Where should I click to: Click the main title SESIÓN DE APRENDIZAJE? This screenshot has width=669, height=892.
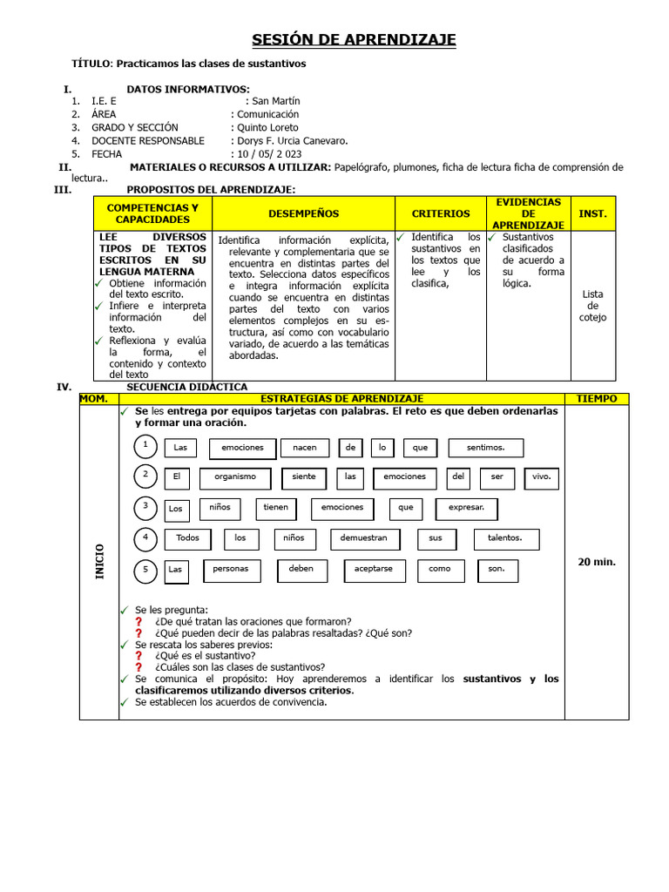tap(354, 40)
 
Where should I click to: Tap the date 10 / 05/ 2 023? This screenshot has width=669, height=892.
tap(267, 153)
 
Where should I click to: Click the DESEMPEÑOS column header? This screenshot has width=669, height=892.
tap(303, 213)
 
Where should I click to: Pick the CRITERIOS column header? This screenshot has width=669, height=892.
tap(440, 213)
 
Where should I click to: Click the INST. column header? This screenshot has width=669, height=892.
tap(592, 213)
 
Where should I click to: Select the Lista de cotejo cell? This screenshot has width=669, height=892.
tap(592, 306)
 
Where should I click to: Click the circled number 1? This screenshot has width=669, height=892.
tap(145, 446)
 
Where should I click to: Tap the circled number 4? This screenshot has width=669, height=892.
tap(145, 538)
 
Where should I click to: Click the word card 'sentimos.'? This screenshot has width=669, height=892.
tap(485, 448)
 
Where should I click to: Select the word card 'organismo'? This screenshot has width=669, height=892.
tap(235, 477)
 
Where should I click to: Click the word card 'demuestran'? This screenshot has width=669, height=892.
tap(364, 538)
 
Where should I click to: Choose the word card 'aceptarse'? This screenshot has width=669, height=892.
tap(373, 569)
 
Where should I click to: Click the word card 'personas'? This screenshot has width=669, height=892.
tap(231, 569)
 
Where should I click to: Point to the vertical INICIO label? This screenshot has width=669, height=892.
tap(99, 562)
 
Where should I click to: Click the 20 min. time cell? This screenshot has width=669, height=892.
tap(596, 562)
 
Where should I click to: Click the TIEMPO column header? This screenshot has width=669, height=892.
tap(596, 399)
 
